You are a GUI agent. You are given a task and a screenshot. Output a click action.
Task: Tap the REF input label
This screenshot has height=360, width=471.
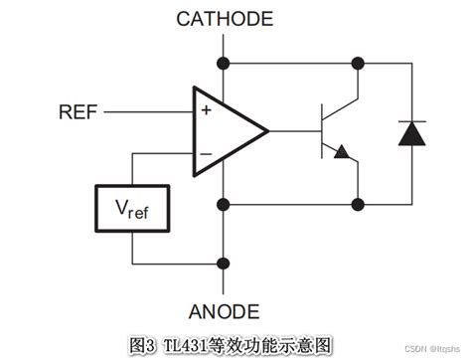[77, 111]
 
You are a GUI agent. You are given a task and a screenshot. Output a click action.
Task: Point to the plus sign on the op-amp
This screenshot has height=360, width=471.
[206, 111]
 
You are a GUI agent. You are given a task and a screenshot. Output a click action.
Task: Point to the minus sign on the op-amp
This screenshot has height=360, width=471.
[206, 153]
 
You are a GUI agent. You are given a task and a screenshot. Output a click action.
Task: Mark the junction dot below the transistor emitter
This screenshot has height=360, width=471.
[357, 205]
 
